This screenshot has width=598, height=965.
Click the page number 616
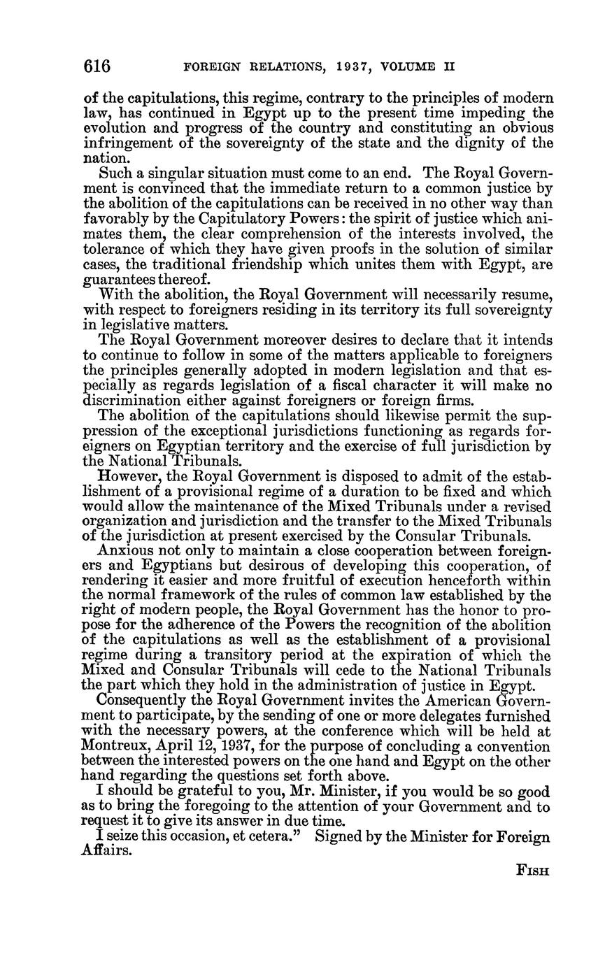pos(97,66)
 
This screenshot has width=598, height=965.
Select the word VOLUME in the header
pos(410,67)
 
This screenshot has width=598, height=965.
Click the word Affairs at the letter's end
pos(106,852)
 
